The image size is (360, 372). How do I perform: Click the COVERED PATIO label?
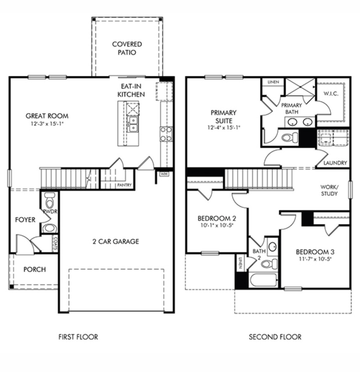coord(127,48)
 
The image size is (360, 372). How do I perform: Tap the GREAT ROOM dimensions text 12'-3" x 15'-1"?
coord(47,124)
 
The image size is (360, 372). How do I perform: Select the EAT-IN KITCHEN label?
coord(131,90)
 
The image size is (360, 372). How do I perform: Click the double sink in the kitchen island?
coord(133,124)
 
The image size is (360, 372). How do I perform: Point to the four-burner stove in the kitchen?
coord(166,134)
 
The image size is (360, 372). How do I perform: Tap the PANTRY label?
coord(125,185)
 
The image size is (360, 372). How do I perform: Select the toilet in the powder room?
coord(49,200)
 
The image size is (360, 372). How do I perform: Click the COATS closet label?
coord(56,244)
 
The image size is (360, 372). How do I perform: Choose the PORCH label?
coord(35,269)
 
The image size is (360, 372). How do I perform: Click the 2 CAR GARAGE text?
coord(116,242)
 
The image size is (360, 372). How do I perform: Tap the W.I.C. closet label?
coord(331,94)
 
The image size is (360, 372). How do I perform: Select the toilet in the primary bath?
coord(289,137)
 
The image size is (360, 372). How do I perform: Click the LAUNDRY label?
coord(335,163)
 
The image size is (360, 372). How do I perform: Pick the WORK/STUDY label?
coord(329,190)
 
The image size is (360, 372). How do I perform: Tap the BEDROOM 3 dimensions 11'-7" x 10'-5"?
coord(315,259)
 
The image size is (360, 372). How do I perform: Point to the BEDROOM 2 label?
coord(216,218)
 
